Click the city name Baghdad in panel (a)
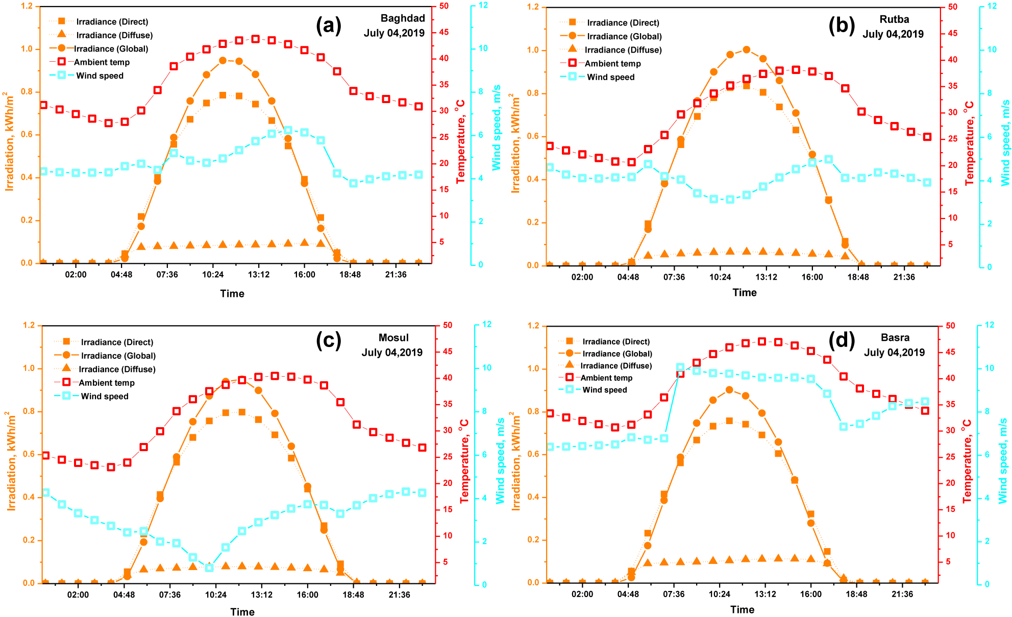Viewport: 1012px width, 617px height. click(402, 18)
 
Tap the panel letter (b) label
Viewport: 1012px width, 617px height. click(841, 25)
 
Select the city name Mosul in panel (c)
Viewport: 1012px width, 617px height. click(393, 338)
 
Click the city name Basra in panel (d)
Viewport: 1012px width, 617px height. click(895, 338)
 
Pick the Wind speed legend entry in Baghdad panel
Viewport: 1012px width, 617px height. click(100, 76)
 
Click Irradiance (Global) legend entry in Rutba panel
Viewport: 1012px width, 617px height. click(624, 36)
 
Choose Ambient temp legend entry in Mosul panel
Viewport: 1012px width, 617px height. click(107, 383)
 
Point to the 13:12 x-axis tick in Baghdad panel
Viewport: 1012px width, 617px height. click(258, 275)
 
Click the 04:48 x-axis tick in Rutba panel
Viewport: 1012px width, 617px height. click(628, 277)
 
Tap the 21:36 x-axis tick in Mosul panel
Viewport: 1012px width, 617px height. click(399, 595)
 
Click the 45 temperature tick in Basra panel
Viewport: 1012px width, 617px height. click(950, 352)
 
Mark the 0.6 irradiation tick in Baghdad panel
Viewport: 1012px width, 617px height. click(27, 135)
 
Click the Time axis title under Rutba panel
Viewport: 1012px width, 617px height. click(744, 292)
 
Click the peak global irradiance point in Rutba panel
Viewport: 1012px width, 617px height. click(746, 50)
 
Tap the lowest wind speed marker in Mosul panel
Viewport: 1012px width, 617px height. click(209, 567)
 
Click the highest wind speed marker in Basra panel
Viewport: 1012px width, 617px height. click(680, 367)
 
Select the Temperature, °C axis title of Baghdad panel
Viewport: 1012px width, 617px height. click(460, 141)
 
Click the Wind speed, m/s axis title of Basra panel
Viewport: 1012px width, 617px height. click(1003, 460)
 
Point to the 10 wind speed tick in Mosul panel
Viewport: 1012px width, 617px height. click(486, 368)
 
